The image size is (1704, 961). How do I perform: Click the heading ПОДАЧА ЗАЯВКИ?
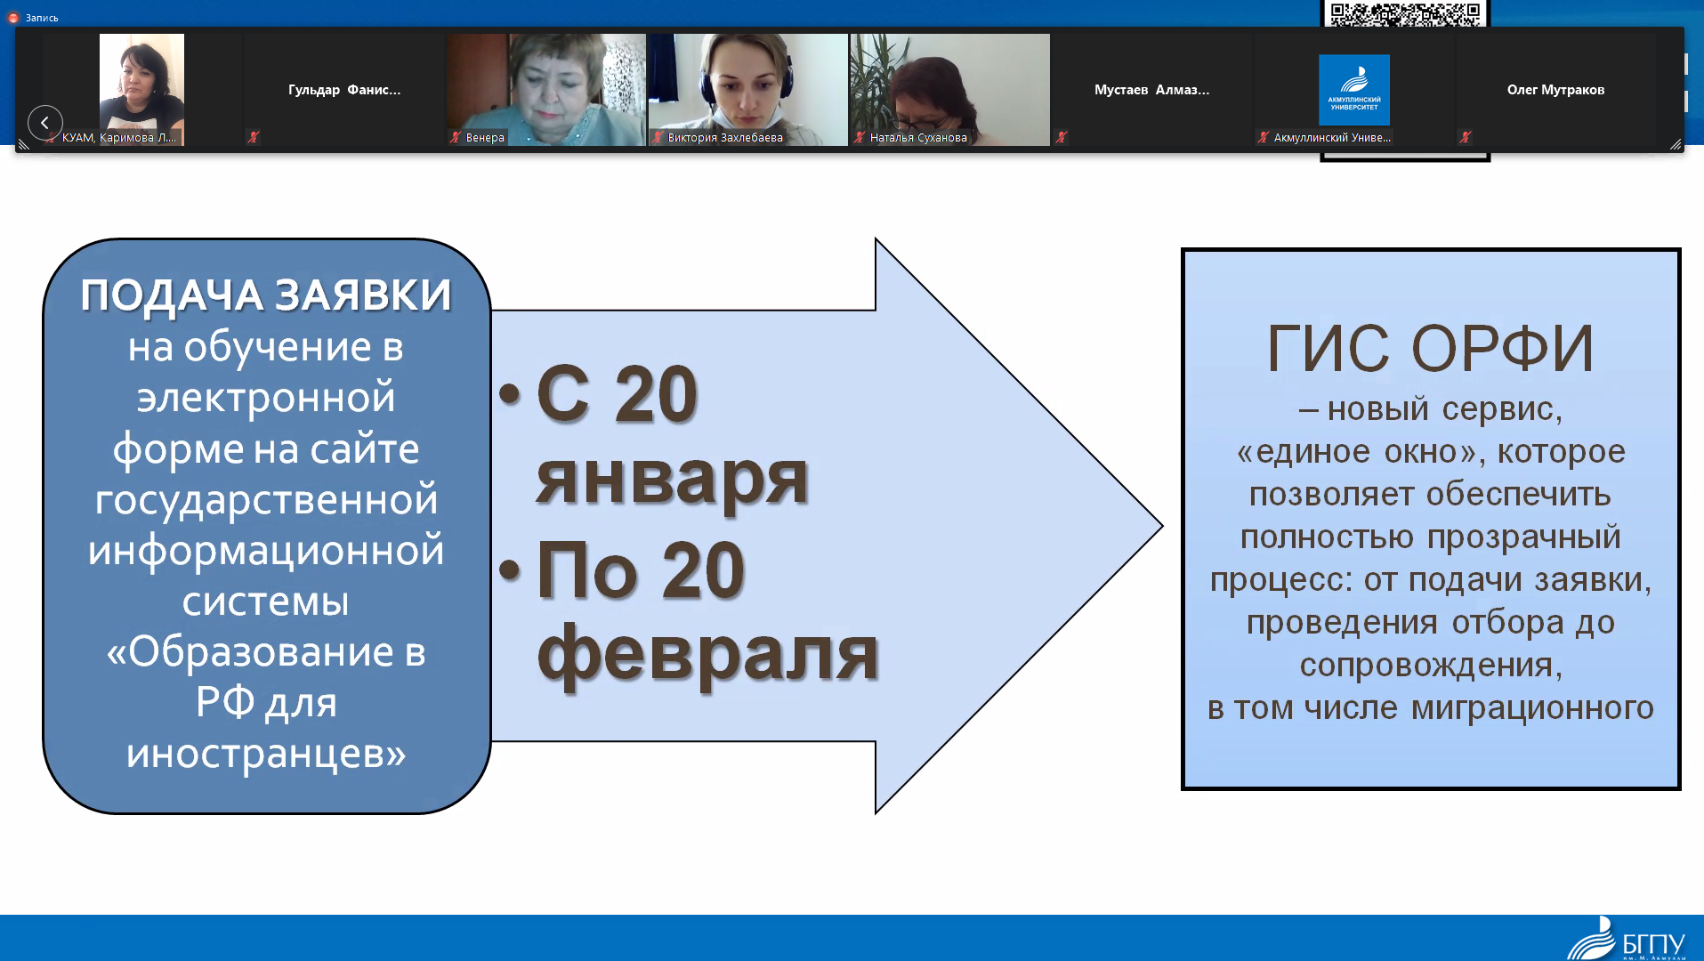point(266,295)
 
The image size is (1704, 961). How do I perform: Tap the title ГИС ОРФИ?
point(1430,348)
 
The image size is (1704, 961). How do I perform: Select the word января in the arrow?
point(673,477)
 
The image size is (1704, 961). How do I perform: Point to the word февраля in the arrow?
point(708,654)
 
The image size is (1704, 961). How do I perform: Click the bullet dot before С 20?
point(510,393)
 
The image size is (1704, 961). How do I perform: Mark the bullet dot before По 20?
point(510,569)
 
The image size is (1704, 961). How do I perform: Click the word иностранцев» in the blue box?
point(266,754)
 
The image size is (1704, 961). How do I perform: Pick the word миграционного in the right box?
point(1532,708)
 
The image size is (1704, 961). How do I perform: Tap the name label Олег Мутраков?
point(1555,90)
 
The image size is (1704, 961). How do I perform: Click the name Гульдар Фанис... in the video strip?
point(344,90)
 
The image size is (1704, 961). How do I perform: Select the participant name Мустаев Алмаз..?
point(1151,90)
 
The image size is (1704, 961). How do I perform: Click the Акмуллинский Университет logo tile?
point(1354,90)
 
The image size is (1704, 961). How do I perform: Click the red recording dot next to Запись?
point(13,18)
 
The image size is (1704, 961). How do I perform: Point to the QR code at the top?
point(1405,13)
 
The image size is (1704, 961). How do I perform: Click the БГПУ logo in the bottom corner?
point(1627,939)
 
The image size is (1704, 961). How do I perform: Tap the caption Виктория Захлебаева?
point(725,138)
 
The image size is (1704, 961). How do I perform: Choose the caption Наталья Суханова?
point(918,138)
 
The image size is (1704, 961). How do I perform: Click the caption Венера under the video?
point(485,138)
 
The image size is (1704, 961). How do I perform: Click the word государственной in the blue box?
point(266,499)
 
